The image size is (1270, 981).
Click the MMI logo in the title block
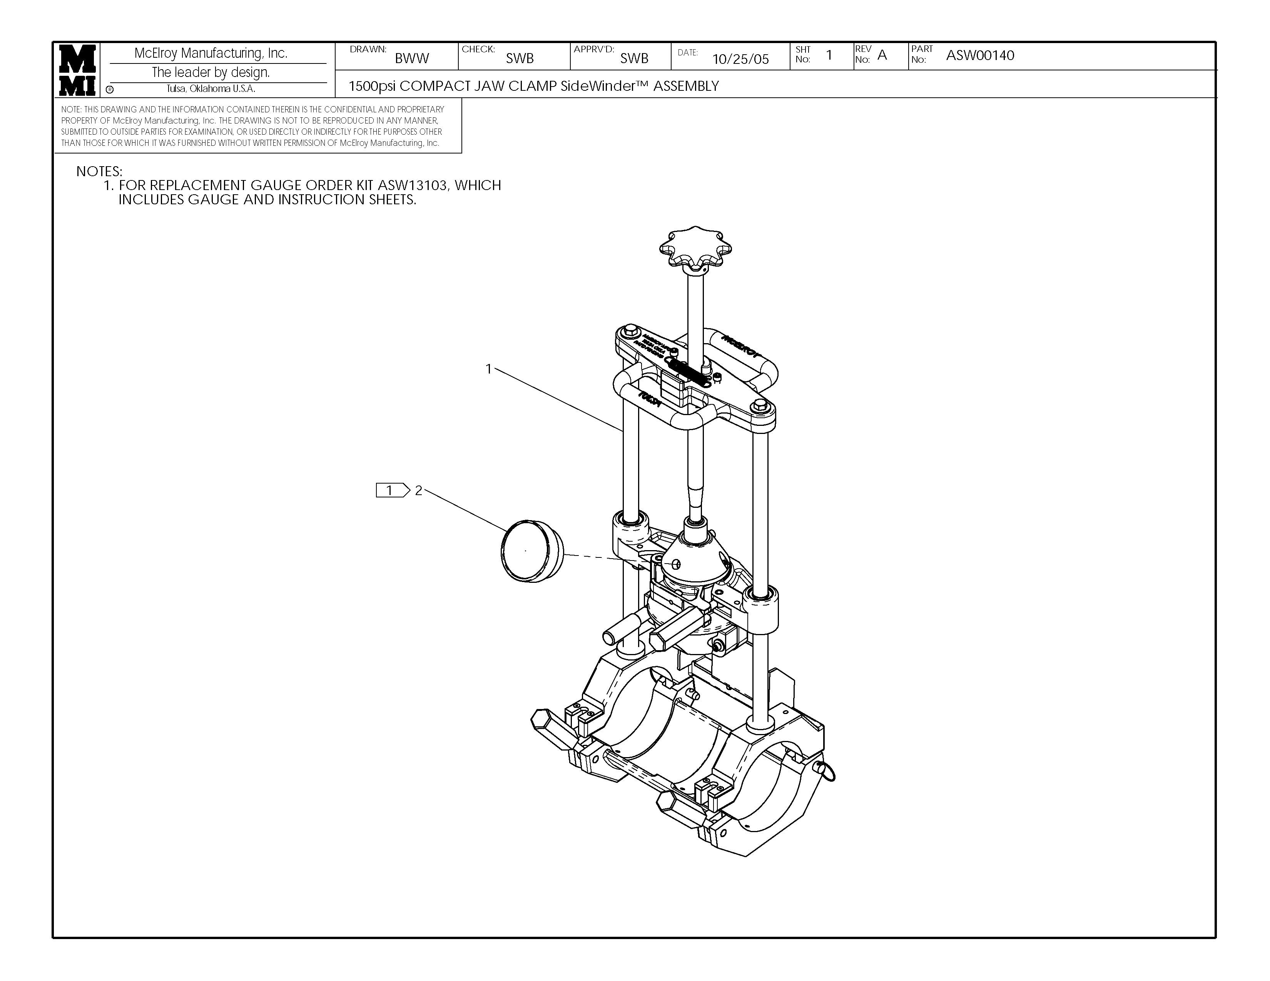77,70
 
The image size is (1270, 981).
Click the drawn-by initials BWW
412,58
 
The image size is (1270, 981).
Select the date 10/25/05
740,59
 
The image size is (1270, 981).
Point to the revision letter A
882,56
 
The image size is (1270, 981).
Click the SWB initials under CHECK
519,58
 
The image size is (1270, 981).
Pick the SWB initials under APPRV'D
634,58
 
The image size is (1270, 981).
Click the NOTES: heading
99,172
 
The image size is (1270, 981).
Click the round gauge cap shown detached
531,551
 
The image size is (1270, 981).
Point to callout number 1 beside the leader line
488,369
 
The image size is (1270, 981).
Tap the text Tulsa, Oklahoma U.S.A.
211,89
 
